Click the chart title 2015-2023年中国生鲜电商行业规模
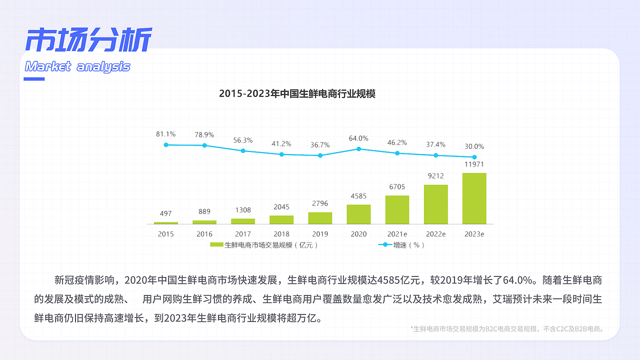click(297, 94)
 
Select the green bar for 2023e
click(474, 198)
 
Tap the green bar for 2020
click(358, 214)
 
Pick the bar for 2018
click(281, 219)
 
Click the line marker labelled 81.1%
click(165, 145)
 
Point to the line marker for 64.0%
click(358, 149)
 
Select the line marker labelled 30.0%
click(474, 157)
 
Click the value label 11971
click(474, 164)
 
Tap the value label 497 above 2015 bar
click(165, 214)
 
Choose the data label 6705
click(397, 187)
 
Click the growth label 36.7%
click(320, 145)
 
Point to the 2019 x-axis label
click(320, 234)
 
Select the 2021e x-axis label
click(397, 234)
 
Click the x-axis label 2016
click(204, 234)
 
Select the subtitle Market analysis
click(77, 66)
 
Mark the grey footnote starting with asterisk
click(507, 329)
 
